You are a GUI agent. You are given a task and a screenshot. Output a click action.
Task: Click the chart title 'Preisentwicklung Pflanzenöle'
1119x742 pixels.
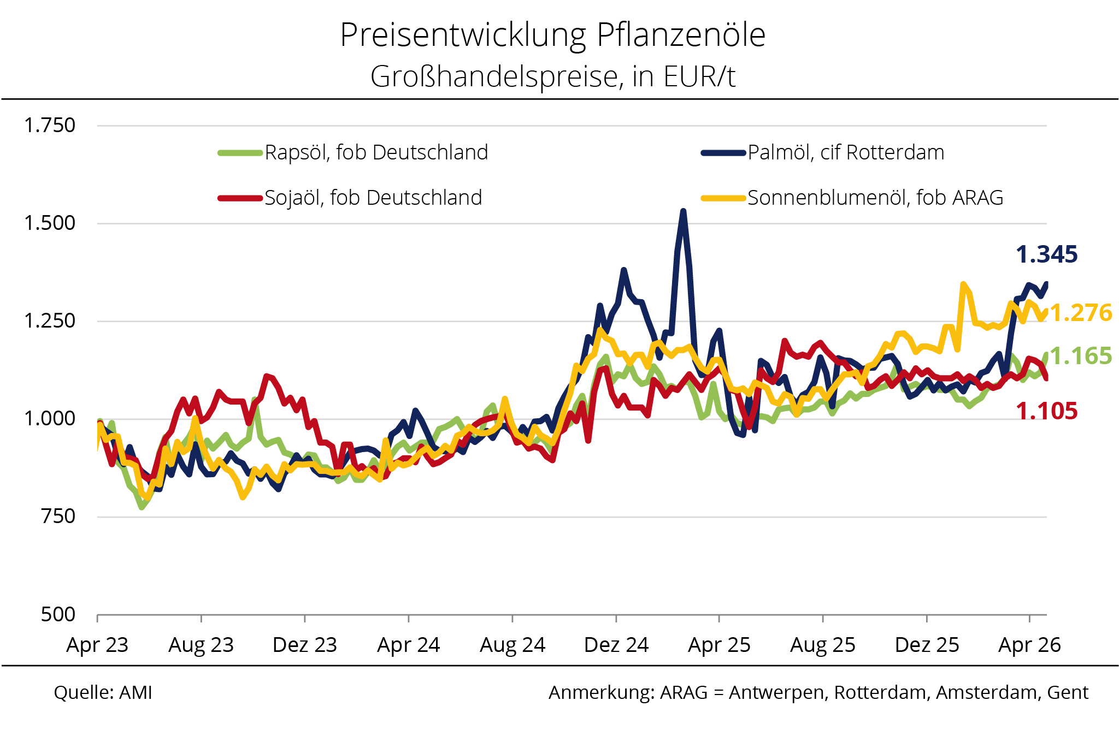pos(552,35)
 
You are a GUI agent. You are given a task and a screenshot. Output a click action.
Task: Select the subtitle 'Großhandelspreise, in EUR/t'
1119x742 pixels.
pos(552,76)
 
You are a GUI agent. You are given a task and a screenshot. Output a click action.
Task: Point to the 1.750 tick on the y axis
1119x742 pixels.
pos(50,126)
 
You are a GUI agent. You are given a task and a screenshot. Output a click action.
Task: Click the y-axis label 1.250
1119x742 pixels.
pos(50,320)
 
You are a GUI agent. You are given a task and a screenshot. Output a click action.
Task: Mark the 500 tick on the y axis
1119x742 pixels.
pos(58,614)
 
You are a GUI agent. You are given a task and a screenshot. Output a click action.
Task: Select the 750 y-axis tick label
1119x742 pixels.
pos(58,516)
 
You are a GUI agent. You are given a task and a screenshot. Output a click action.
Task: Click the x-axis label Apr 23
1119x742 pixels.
pos(97,645)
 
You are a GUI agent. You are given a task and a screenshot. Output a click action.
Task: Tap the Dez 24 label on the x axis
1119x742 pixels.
pos(616,645)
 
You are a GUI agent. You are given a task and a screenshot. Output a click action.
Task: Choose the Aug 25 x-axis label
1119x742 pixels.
pos(822,645)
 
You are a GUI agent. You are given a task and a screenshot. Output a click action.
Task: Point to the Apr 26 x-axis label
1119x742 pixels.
pos(1029,645)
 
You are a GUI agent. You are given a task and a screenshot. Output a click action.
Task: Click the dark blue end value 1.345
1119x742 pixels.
pos(1046,254)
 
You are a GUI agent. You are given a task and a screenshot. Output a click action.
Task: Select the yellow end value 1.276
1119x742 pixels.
pos(1081,313)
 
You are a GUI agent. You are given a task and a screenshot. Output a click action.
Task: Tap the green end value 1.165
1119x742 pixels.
pos(1081,356)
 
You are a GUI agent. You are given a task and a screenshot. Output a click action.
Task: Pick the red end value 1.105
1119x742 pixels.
pos(1046,411)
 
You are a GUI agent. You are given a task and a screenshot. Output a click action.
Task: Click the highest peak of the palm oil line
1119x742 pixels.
pos(684,211)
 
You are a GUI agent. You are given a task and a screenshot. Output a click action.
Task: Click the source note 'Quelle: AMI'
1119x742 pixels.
pos(103,692)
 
